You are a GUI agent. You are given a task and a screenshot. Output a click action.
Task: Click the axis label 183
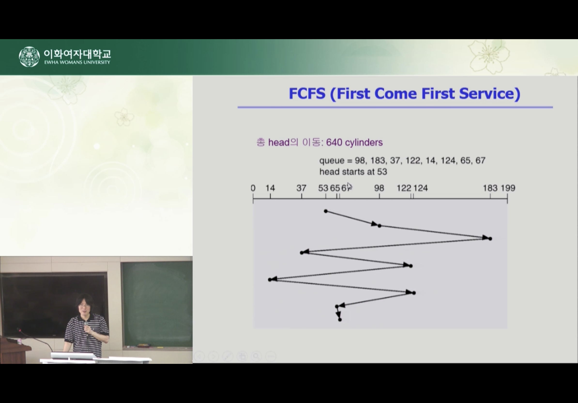[490, 188]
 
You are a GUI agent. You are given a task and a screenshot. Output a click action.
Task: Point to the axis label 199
[508, 188]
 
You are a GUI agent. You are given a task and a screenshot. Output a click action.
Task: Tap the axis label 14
[270, 188]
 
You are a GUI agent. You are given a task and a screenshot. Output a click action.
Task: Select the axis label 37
[301, 188]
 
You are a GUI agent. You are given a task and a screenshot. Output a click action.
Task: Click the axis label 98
[379, 188]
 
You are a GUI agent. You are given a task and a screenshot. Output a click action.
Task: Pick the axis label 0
[253, 188]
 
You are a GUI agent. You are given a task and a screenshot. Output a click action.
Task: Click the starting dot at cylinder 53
[326, 211]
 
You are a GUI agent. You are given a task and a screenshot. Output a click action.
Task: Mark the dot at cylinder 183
[490, 239]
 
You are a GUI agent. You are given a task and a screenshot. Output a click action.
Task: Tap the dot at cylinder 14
[270, 279]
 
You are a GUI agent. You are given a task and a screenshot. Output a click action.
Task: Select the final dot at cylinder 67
[340, 320]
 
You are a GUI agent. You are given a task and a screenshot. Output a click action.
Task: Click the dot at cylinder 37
[302, 252]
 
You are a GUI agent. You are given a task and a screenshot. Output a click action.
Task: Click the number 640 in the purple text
[334, 143]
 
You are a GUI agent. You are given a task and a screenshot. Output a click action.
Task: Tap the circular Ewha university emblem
[29, 57]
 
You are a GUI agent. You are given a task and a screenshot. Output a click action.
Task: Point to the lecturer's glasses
[84, 306]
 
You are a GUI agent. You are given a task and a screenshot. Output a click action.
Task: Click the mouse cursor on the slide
[350, 187]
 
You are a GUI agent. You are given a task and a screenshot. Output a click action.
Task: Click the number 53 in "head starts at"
[382, 172]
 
